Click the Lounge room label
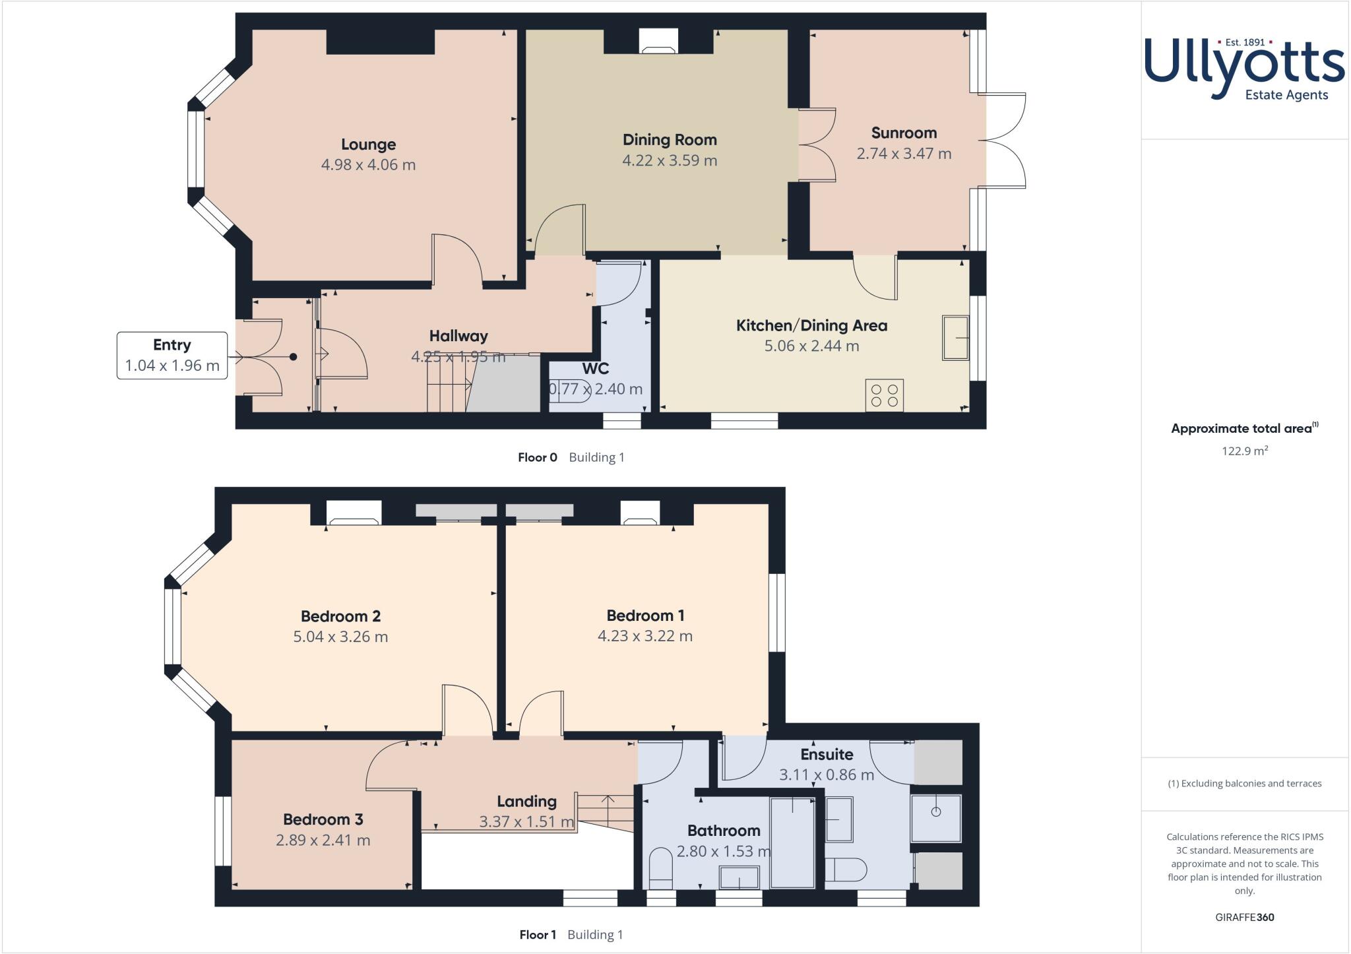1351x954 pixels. [368, 144]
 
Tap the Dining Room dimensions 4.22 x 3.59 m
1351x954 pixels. [670, 160]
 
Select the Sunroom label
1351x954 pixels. [904, 133]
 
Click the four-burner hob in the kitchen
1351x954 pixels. [885, 395]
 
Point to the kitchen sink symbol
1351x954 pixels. [955, 338]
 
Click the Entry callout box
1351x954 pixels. [172, 355]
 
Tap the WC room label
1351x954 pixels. [595, 369]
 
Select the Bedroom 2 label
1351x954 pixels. [340, 616]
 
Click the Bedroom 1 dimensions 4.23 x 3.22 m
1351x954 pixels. [644, 636]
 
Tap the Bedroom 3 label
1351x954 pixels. [323, 819]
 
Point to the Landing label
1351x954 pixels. [526, 801]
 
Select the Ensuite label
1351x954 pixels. [827, 754]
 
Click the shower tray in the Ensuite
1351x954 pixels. [935, 818]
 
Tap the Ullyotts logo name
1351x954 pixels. [1244, 66]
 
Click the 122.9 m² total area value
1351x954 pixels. [1244, 451]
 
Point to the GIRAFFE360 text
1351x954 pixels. [1244, 917]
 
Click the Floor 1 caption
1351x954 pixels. [538, 934]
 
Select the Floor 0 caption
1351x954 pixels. [537, 457]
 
